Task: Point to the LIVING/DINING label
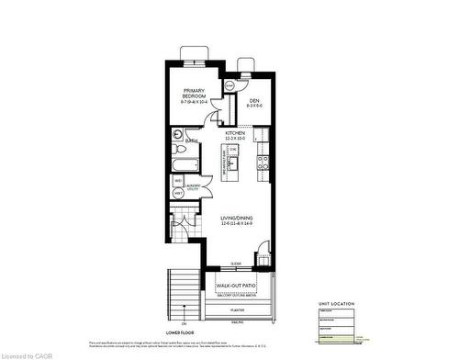(236, 220)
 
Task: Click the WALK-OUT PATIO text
(236, 286)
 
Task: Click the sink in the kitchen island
(233, 165)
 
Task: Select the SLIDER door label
(236, 263)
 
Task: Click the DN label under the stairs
(184, 324)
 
